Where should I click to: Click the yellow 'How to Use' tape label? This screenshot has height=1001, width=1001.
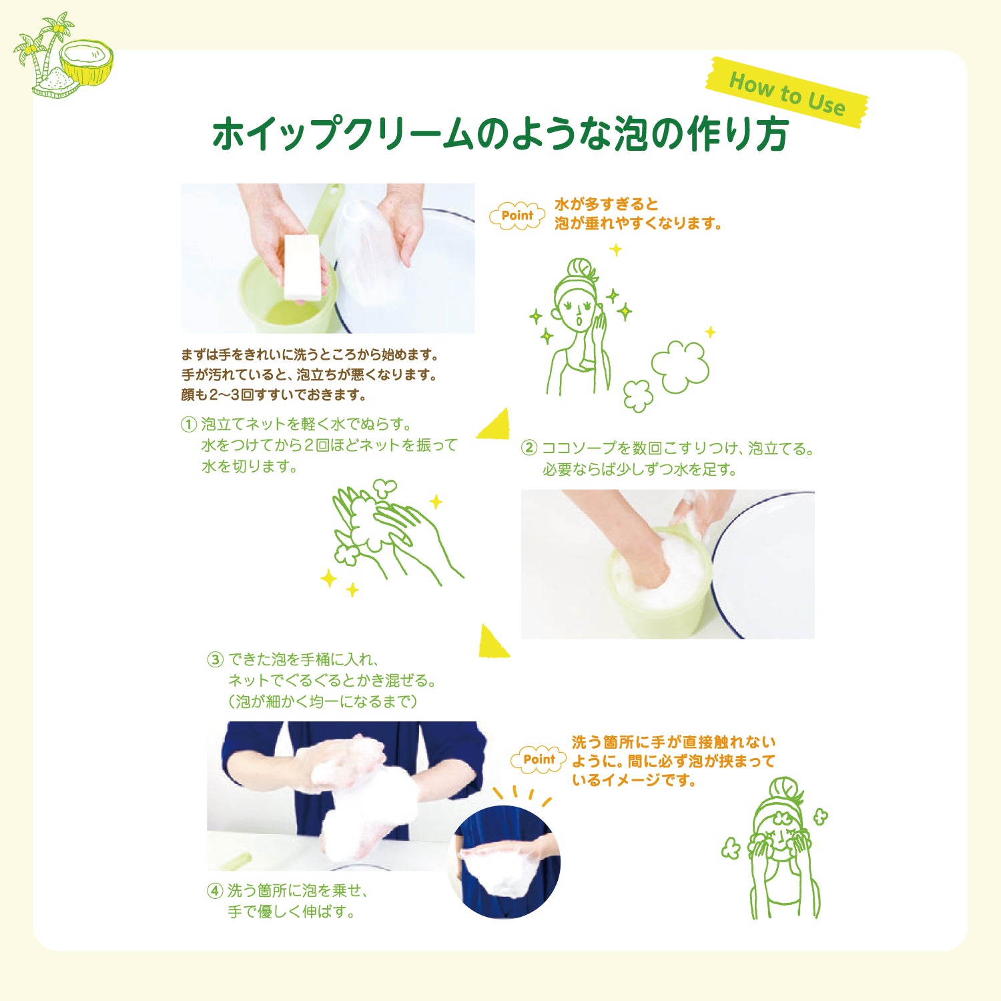(x=787, y=93)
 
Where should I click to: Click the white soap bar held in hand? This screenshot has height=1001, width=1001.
(x=302, y=267)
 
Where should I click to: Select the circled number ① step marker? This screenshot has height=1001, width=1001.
(x=189, y=424)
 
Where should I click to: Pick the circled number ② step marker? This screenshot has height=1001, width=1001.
(x=529, y=448)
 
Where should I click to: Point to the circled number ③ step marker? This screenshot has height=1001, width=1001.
(x=215, y=660)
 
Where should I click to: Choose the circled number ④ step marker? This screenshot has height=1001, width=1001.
(x=215, y=891)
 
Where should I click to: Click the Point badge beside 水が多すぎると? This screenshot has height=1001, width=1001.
(x=517, y=216)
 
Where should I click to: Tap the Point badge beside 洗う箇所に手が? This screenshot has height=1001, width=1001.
(x=539, y=759)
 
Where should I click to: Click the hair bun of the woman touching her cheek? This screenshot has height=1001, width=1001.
(x=583, y=270)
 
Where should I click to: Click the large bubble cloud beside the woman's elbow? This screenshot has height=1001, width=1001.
(x=681, y=366)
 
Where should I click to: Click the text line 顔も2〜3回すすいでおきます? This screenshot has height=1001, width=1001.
(x=274, y=395)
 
